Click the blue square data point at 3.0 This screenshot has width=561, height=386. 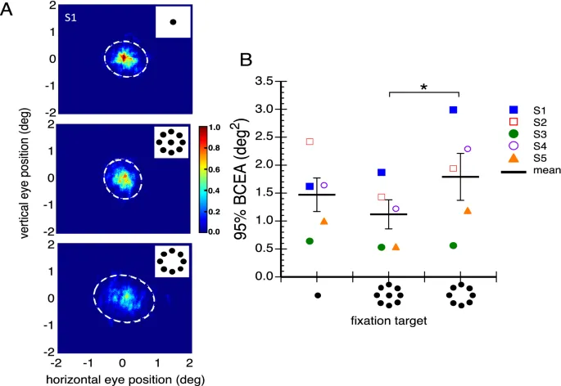[x=452, y=110]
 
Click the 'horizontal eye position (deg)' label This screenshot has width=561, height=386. [x=122, y=379]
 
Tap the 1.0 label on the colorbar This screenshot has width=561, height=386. [x=219, y=128]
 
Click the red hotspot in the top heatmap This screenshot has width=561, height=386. [x=123, y=58]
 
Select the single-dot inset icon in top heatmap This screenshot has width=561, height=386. [x=173, y=21]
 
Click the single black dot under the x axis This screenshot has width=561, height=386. [x=317, y=294]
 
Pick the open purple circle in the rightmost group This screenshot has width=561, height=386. [x=468, y=149]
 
